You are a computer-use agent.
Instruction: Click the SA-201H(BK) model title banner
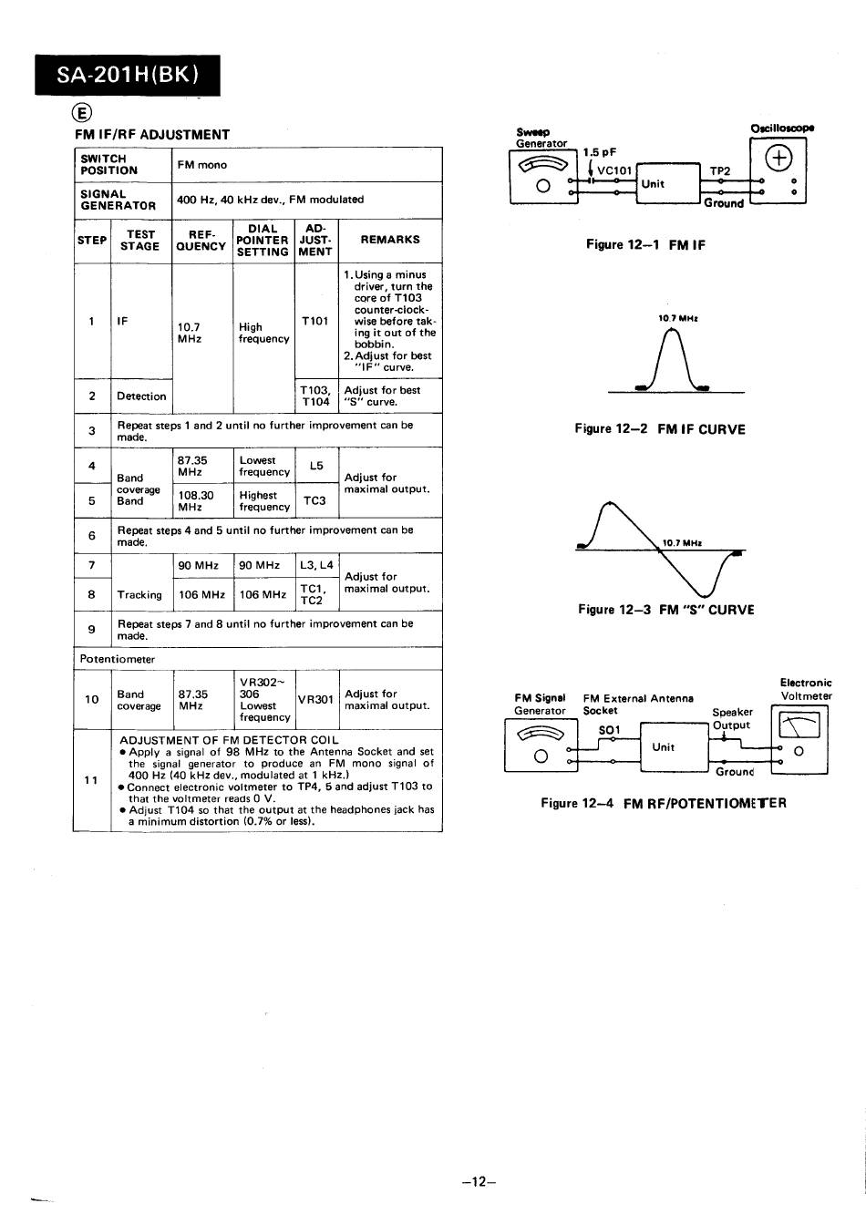pyautogui.click(x=128, y=75)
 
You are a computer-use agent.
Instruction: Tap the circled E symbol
pyautogui.click(x=82, y=113)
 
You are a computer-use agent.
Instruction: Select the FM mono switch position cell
pyautogui.click(x=306, y=164)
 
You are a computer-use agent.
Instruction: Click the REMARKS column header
pyautogui.click(x=390, y=240)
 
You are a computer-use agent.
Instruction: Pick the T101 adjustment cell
pyautogui.click(x=315, y=321)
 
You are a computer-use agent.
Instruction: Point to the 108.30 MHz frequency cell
pyautogui.click(x=202, y=500)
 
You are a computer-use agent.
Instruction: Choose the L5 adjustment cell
pyautogui.click(x=316, y=466)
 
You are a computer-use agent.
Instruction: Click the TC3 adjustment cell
pyautogui.click(x=316, y=500)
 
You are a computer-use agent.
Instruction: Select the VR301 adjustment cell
pyautogui.click(x=316, y=699)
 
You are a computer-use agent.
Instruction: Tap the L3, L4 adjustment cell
pyautogui.click(x=316, y=566)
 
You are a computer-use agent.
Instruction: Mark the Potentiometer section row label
pyautogui.click(x=117, y=659)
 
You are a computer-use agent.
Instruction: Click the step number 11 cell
pyautogui.click(x=91, y=780)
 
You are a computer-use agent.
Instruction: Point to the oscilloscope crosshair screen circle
pyautogui.click(x=778, y=159)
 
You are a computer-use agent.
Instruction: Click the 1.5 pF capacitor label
pyautogui.click(x=600, y=152)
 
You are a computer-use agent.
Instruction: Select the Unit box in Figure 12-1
pyautogui.click(x=668, y=183)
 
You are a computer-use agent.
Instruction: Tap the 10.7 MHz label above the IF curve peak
pyautogui.click(x=677, y=318)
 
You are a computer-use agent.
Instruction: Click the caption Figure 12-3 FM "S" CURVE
pyautogui.click(x=666, y=610)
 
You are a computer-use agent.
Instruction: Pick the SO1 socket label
pyautogui.click(x=609, y=730)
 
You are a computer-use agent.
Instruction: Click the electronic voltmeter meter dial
pyautogui.click(x=799, y=725)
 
